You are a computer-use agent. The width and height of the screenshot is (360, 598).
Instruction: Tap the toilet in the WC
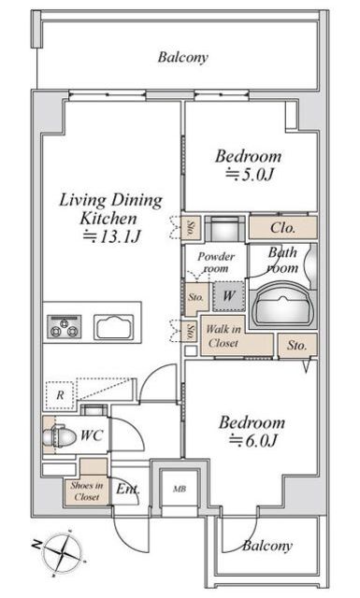56,435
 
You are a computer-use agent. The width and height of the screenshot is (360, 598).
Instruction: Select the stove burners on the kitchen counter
65,326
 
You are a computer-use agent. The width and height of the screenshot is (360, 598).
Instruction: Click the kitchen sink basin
114,327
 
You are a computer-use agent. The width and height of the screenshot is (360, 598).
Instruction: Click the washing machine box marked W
228,296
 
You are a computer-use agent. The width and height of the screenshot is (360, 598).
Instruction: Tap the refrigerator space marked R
60,394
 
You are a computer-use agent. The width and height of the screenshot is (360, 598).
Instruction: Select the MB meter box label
180,489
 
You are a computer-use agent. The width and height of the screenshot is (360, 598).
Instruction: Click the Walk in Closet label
223,336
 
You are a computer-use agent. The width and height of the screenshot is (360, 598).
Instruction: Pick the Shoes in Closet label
87,491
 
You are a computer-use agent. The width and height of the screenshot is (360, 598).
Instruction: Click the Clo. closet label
282,228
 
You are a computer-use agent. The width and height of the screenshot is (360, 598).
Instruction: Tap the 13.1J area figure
112,236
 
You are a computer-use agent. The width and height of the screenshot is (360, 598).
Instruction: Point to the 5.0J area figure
250,175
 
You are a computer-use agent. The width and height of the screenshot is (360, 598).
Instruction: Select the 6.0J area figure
252,440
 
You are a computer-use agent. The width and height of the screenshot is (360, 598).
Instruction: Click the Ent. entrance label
128,489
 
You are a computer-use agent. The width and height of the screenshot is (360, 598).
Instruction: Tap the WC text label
92,435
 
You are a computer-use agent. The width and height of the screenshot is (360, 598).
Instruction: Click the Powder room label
216,263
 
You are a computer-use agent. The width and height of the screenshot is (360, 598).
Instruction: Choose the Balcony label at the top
183,58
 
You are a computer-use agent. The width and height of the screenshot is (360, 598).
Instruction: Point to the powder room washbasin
225,228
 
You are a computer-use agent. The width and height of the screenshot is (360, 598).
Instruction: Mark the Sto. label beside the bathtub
297,346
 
